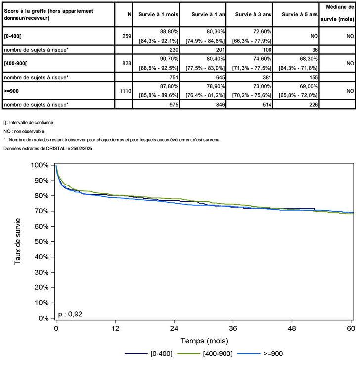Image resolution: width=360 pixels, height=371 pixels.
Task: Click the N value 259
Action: (125, 36)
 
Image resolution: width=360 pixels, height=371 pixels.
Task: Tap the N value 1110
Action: (124, 91)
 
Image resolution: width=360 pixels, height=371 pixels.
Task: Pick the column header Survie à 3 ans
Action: (251, 14)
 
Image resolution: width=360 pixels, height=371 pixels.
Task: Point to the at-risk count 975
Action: (170, 105)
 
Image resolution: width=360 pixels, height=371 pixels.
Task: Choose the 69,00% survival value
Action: (306, 86)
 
